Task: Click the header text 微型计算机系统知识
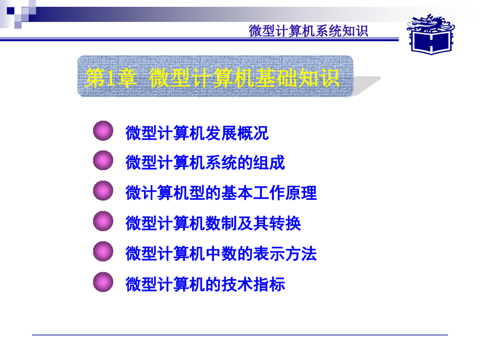[x=308, y=31]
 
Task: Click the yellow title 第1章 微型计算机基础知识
[x=213, y=79]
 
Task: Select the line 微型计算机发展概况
[x=197, y=133]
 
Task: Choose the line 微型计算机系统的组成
[x=205, y=163]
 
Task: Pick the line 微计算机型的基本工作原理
[x=221, y=193]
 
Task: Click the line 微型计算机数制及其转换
[x=213, y=223]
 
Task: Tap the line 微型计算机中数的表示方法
[x=221, y=254]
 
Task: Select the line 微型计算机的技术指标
[x=205, y=284]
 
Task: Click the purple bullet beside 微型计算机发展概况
[x=103, y=131]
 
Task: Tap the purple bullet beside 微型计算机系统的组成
[x=103, y=161]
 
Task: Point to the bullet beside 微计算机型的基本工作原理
[x=103, y=191]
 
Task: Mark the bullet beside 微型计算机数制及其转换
[x=103, y=221]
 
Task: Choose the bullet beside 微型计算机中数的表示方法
[x=103, y=251]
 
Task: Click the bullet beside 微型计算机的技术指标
[x=103, y=282]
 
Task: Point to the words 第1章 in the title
[x=111, y=79]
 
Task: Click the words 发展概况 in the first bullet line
[x=237, y=133]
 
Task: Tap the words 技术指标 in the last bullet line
[x=254, y=284]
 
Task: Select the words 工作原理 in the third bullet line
[x=285, y=193]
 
